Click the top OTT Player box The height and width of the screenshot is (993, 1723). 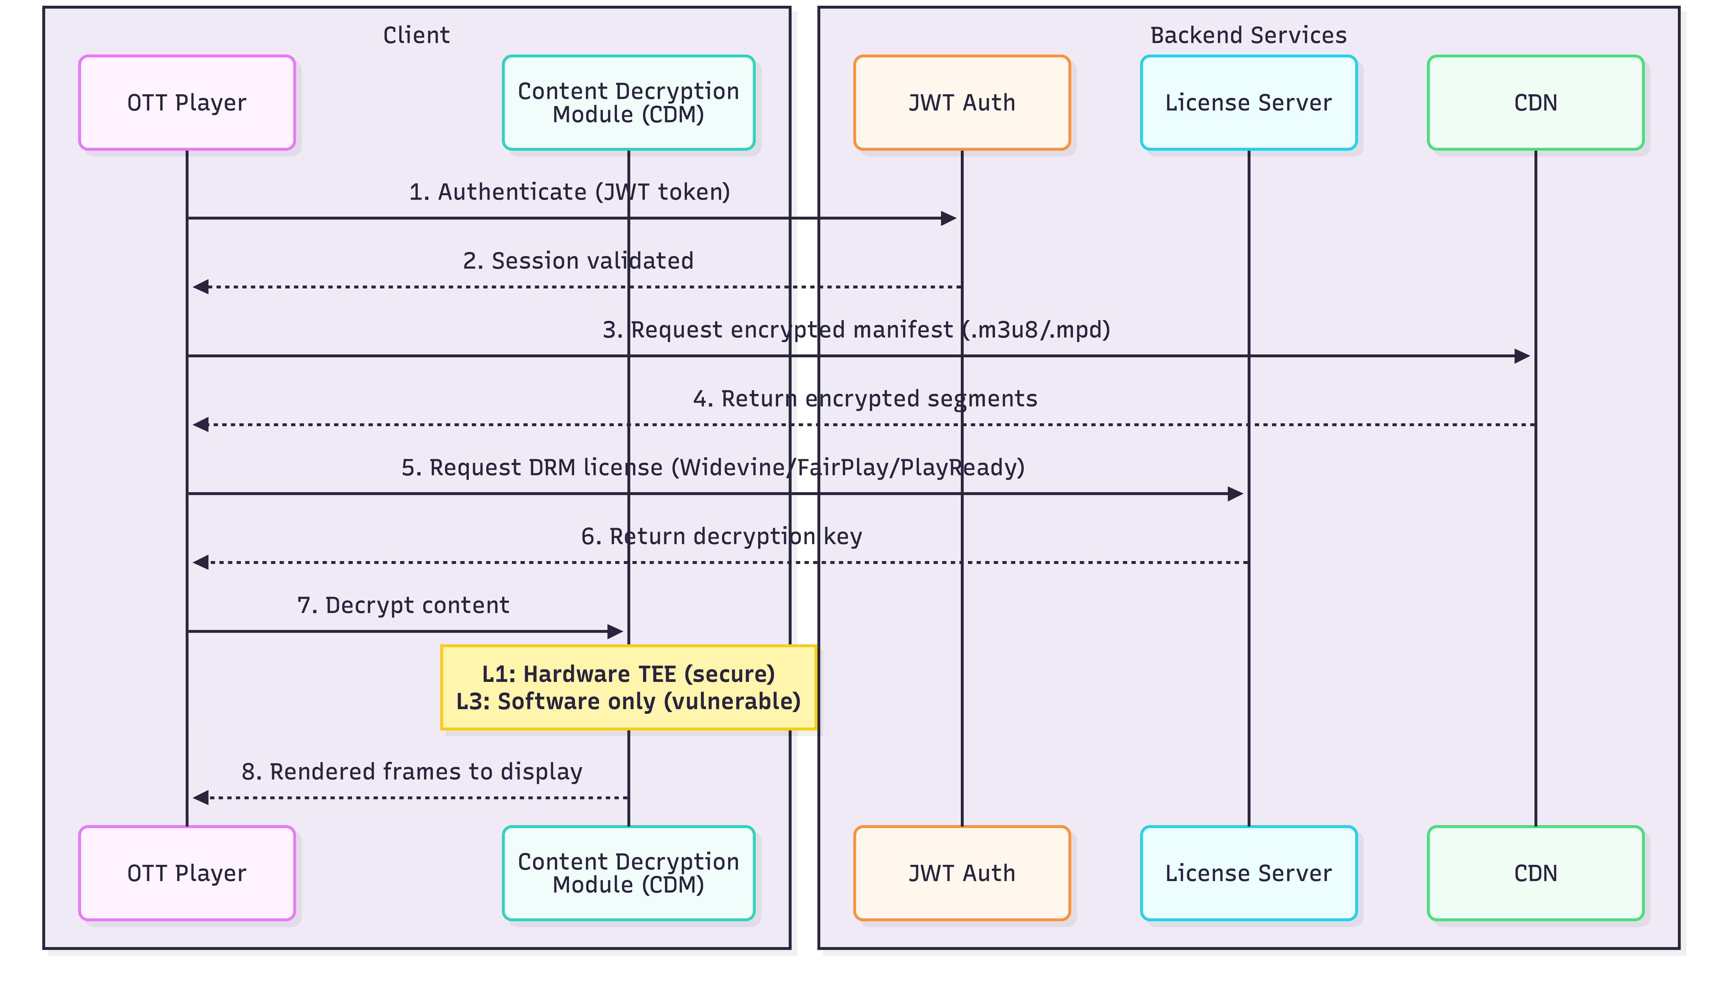[x=187, y=102]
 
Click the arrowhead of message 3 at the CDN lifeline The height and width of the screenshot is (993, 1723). [x=1522, y=356]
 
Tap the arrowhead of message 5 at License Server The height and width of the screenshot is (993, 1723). [x=1235, y=494]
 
